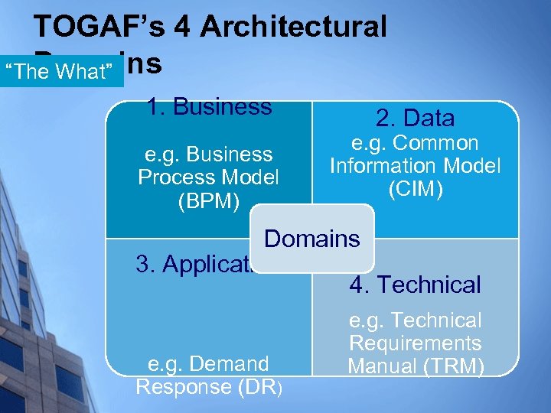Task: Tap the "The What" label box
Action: click(63, 73)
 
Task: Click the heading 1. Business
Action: click(210, 106)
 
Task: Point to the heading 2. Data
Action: click(415, 118)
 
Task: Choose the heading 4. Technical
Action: click(415, 285)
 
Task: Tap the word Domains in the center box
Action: click(311, 239)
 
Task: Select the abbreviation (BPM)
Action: click(208, 201)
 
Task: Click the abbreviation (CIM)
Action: click(415, 189)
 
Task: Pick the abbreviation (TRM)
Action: click(451, 366)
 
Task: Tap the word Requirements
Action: click(415, 343)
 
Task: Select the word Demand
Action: click(230, 363)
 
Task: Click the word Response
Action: click(183, 386)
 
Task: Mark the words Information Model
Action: click(415, 166)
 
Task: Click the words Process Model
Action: click(208, 177)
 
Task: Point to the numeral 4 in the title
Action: click(181, 28)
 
